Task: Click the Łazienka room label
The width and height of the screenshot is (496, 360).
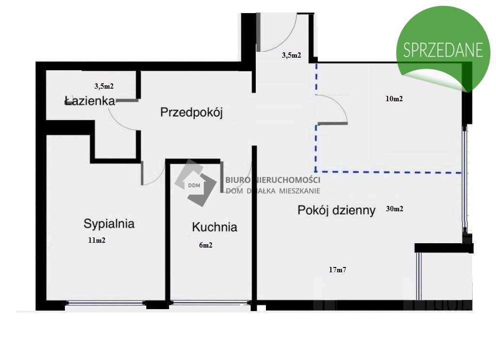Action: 89,101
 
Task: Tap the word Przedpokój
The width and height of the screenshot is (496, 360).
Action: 191,113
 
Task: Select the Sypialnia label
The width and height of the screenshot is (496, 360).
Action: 108,224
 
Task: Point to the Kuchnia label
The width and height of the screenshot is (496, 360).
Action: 214,227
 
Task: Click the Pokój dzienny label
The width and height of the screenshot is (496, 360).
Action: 337,210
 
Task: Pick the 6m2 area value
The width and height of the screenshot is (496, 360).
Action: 205,245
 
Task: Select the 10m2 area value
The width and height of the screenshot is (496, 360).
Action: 394,99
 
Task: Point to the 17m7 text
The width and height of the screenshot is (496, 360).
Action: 337,270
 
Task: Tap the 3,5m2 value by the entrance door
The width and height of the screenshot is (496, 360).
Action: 292,55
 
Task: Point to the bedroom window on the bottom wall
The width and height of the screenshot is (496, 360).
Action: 105,303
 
